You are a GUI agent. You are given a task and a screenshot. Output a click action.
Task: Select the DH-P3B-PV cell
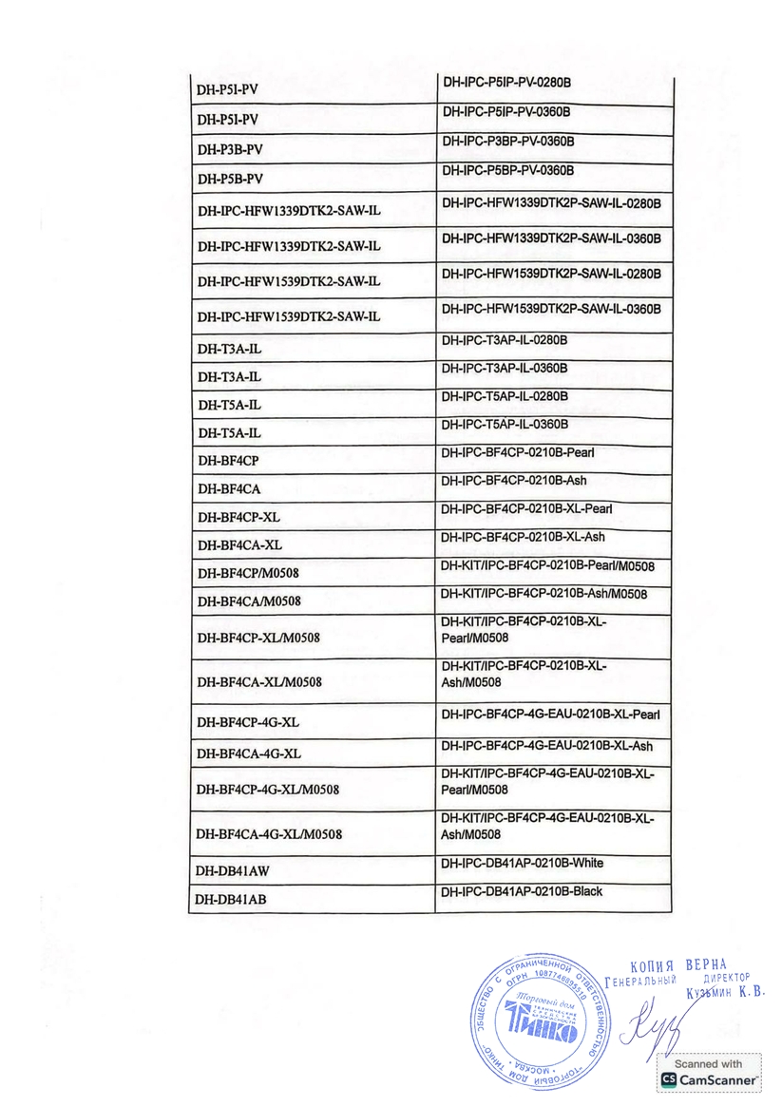230,150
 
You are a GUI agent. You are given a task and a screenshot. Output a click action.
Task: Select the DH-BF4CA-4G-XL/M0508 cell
269,834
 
